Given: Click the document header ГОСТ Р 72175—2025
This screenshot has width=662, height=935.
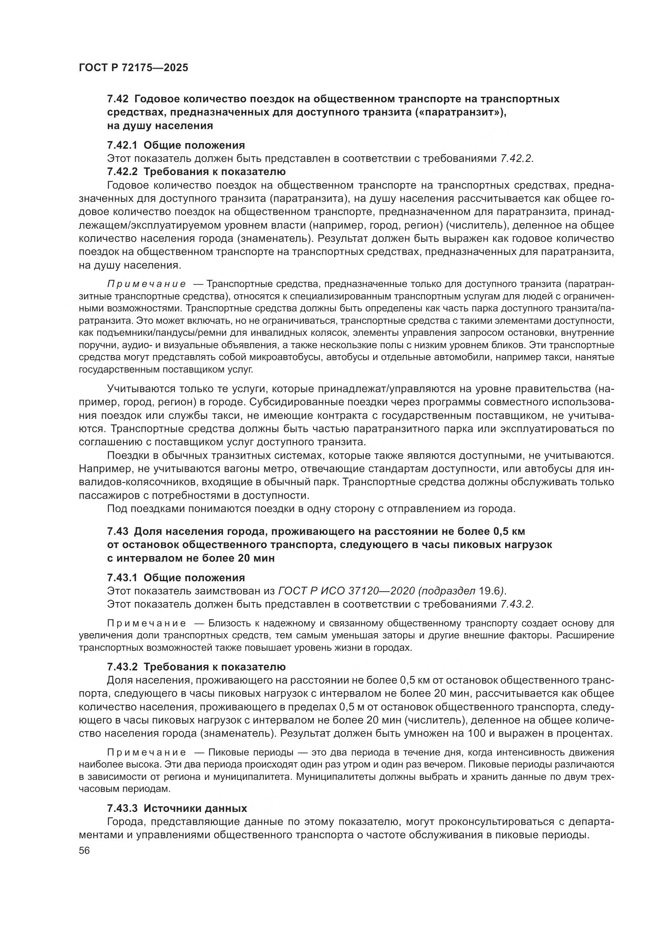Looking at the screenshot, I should pyautogui.click(x=133, y=68).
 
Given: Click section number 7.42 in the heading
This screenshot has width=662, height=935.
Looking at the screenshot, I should pyautogui.click(x=118, y=99).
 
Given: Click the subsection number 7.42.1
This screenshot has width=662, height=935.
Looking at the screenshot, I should pyautogui.click(x=122, y=145).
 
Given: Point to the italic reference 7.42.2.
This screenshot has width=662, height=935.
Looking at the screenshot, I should pyautogui.click(x=516, y=158).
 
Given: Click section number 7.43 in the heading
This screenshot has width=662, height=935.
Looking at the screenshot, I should pyautogui.click(x=118, y=531).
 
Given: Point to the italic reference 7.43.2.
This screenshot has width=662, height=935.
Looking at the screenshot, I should pyautogui.click(x=516, y=604).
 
